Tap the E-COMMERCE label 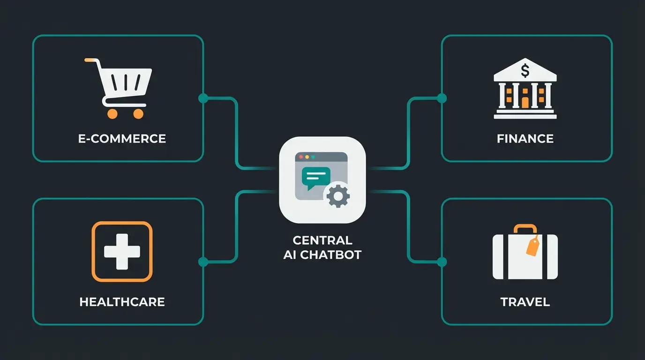(122, 139)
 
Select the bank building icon (525, 91)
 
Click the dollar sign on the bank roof (525, 72)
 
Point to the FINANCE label (525, 139)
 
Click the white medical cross (122, 252)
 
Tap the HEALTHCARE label (122, 302)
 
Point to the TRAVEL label (525, 302)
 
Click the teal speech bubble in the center (316, 178)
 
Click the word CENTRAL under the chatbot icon (322, 240)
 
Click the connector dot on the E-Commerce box (203, 98)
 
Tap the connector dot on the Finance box (442, 98)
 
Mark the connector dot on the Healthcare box (203, 262)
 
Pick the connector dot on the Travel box (442, 262)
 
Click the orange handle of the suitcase (525, 229)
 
